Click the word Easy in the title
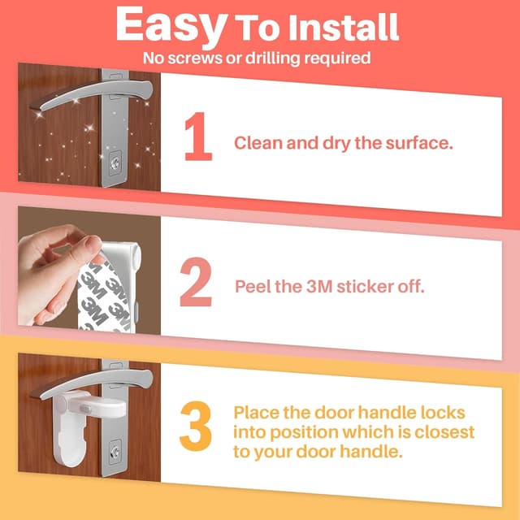click(170, 26)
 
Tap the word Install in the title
click(348, 28)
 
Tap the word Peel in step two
click(251, 287)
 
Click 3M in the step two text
click(313, 287)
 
